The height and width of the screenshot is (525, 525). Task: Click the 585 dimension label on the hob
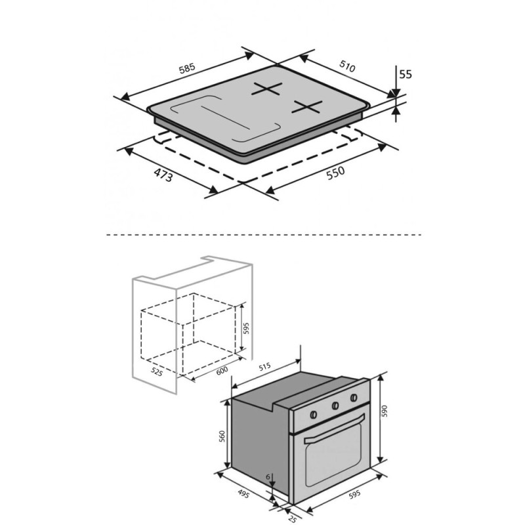pyautogui.click(x=187, y=68)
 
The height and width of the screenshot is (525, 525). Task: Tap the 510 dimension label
pyautogui.click(x=347, y=66)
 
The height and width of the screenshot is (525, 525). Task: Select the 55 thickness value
pyautogui.click(x=406, y=74)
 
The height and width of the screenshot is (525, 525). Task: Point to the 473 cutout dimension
pyautogui.click(x=163, y=175)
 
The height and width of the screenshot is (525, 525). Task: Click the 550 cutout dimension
pyautogui.click(x=335, y=173)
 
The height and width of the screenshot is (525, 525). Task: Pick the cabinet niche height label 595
pyautogui.click(x=246, y=328)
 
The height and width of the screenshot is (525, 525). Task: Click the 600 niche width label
pyautogui.click(x=222, y=370)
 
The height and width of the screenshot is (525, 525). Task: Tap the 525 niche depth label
pyautogui.click(x=157, y=371)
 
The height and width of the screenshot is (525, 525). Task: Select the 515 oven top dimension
pyautogui.click(x=264, y=366)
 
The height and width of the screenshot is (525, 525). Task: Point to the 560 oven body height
pyautogui.click(x=222, y=436)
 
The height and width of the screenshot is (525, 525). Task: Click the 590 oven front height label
pyautogui.click(x=385, y=411)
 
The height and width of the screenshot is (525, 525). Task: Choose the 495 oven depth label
pyautogui.click(x=243, y=493)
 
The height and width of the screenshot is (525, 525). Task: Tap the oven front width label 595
pyautogui.click(x=354, y=494)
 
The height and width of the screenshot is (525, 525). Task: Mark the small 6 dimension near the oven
pyautogui.click(x=268, y=477)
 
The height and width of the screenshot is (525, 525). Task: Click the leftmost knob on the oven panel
pyautogui.click(x=314, y=415)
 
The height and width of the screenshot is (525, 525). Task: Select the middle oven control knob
pyautogui.click(x=335, y=406)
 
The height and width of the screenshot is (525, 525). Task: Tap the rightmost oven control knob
pyautogui.click(x=354, y=398)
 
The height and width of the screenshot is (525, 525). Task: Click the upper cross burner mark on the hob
pyautogui.click(x=267, y=89)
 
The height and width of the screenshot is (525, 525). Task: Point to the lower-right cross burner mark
pyautogui.click(x=307, y=106)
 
